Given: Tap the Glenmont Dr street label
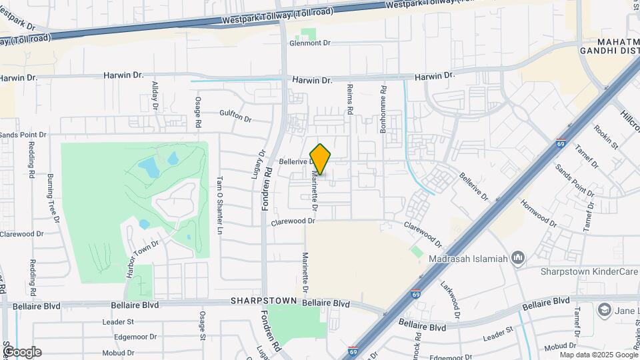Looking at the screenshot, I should (310, 43).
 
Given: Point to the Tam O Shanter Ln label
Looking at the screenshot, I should (219, 205).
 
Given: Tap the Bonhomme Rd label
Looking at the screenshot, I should (383, 109).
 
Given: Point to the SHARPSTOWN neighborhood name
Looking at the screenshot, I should (263, 301).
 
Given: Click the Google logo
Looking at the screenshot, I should (22, 351).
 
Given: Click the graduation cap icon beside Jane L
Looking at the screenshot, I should (604, 310).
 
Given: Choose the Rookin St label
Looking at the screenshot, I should (607, 137).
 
